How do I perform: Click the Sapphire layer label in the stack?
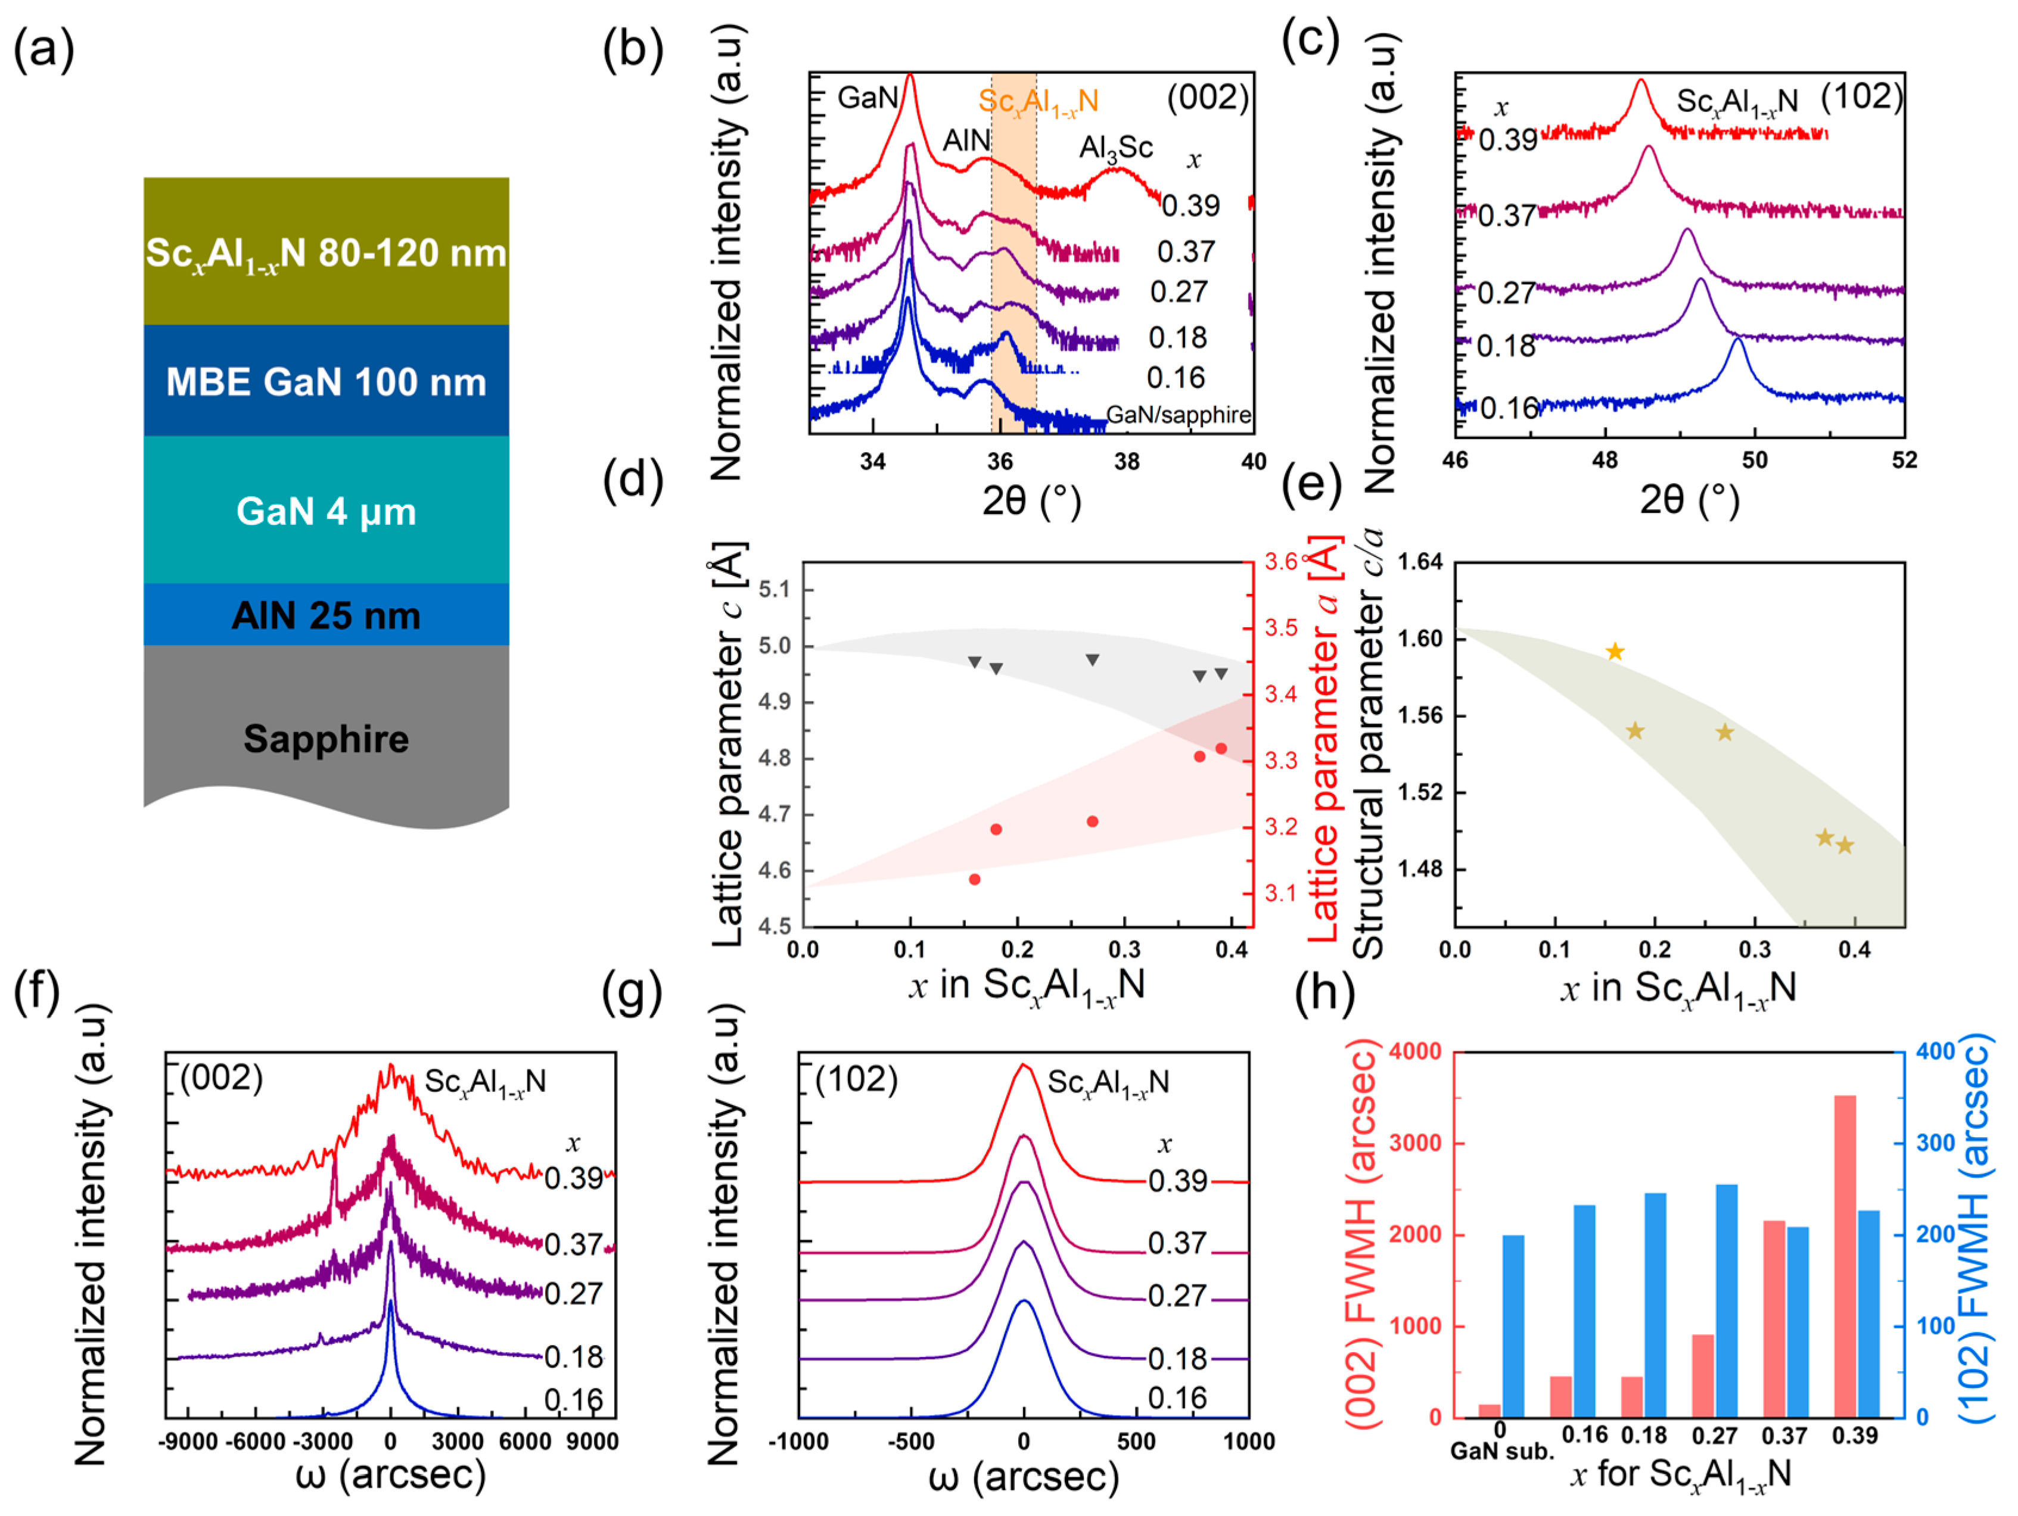point(326,739)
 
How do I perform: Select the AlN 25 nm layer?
point(326,616)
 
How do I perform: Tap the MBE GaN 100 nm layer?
point(326,381)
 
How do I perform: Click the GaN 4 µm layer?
point(326,511)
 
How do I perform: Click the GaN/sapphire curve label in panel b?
point(1178,415)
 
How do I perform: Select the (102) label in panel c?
point(1861,96)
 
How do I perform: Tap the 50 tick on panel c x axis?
point(1754,460)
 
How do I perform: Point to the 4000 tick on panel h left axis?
point(1415,1052)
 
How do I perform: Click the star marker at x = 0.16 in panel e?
point(1615,651)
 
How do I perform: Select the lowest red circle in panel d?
point(974,879)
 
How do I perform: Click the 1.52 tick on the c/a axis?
point(1420,792)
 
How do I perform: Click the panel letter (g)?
point(632,994)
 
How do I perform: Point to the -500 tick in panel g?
point(912,1441)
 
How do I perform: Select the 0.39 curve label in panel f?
point(574,1178)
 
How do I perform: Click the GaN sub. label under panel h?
point(1501,1451)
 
